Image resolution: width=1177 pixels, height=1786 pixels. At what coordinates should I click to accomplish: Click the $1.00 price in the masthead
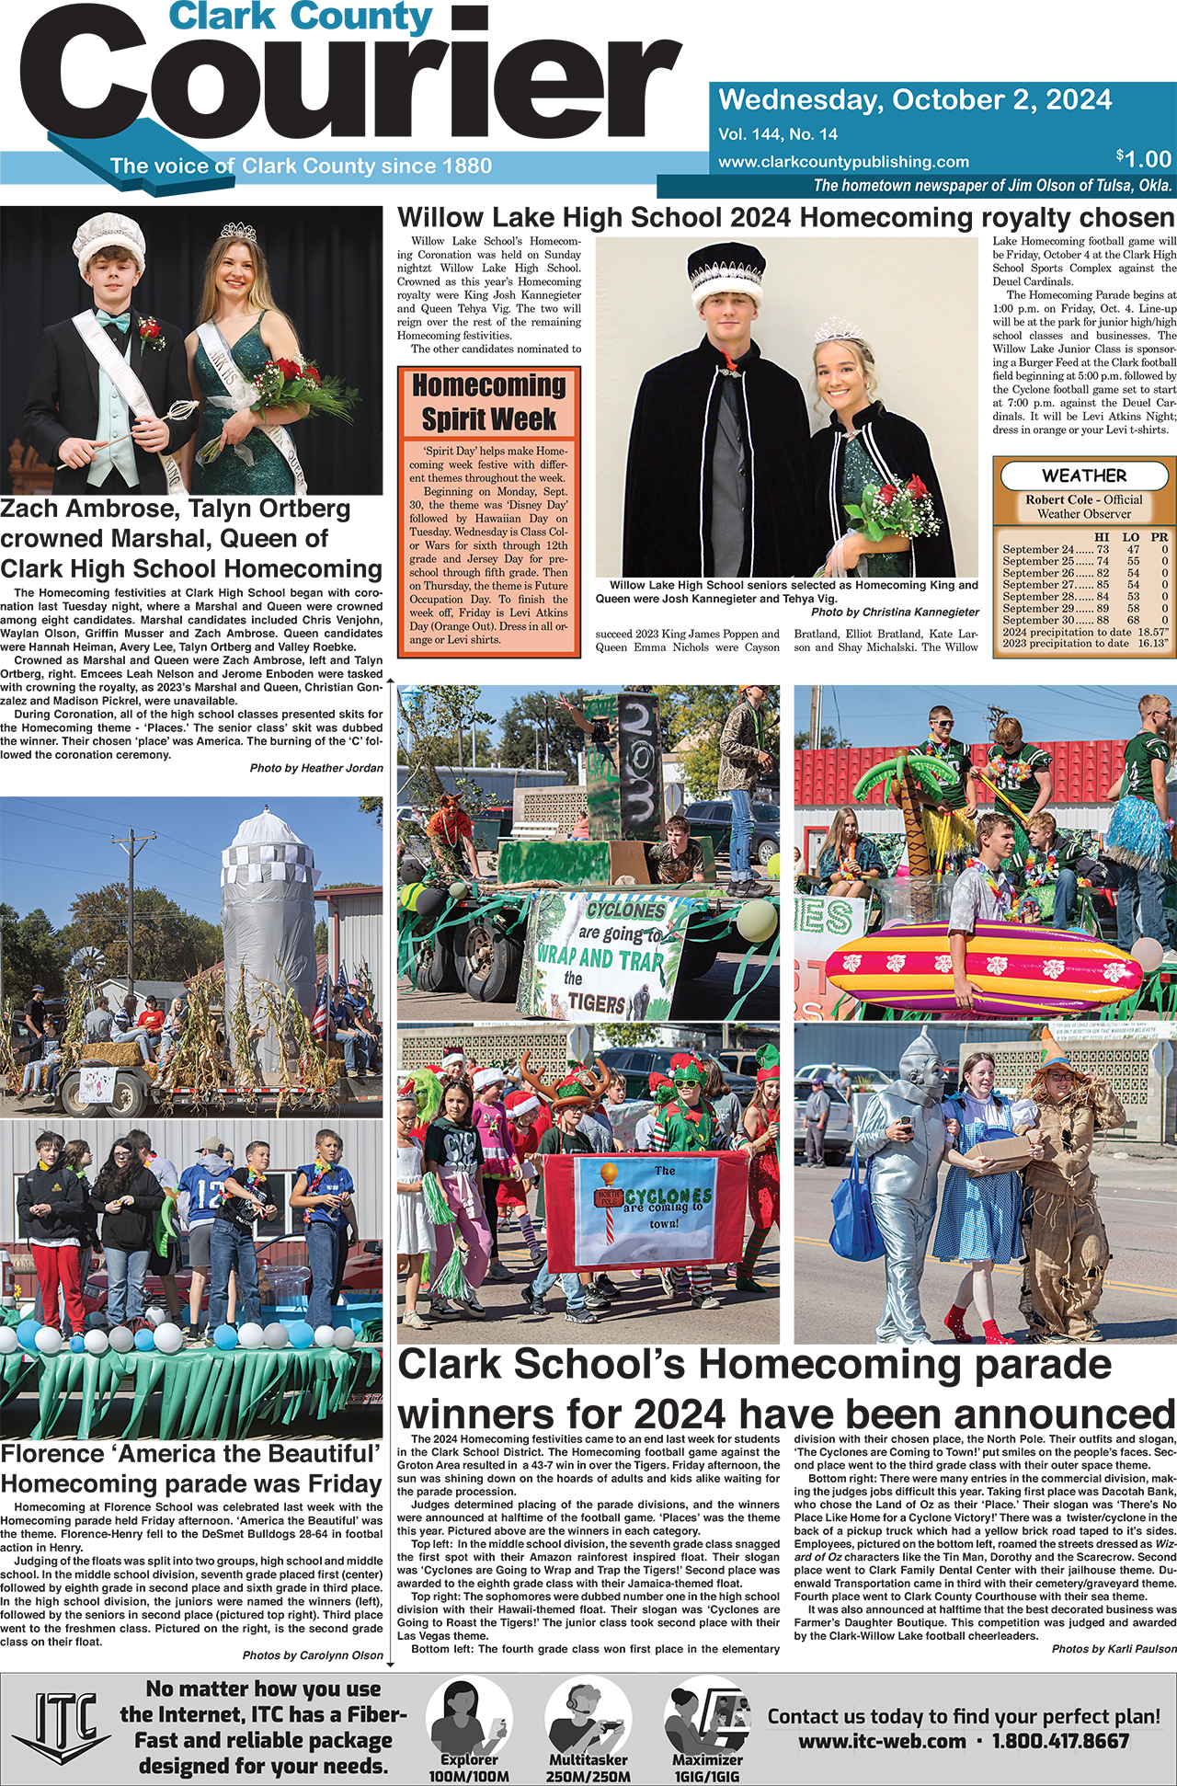[x=1144, y=158]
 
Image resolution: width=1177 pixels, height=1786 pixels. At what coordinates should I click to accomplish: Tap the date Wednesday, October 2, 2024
[x=915, y=99]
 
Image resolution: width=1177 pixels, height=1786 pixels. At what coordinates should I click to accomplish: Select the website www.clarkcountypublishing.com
[x=843, y=162]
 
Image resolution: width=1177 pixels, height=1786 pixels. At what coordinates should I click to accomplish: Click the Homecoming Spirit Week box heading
[x=488, y=402]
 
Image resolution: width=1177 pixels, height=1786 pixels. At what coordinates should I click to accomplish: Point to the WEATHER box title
[x=1083, y=475]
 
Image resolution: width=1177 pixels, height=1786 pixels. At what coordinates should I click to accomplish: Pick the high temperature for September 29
[x=1103, y=608]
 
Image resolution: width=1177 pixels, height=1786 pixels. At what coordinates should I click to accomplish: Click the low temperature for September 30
[x=1133, y=620]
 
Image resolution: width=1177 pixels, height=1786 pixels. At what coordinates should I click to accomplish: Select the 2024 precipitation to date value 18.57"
[x=1152, y=632]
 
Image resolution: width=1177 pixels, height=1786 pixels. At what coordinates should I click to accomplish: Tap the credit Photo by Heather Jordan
[x=315, y=768]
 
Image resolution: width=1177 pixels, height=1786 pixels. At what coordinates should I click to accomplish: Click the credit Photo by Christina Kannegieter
[x=894, y=612]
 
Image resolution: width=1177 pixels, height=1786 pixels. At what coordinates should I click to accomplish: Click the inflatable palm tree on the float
[x=911, y=819]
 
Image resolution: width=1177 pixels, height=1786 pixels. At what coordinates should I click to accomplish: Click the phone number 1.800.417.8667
[x=1060, y=1741]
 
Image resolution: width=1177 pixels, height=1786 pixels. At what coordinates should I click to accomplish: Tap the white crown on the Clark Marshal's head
[x=105, y=239]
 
